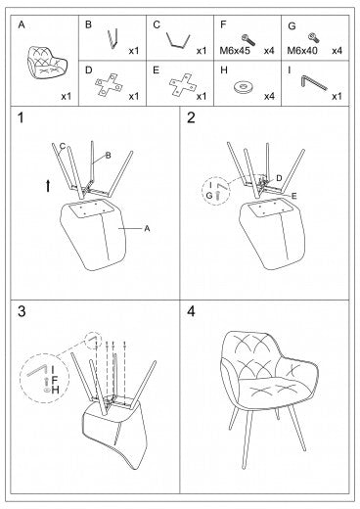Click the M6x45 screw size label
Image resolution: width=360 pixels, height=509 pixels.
coord(235,51)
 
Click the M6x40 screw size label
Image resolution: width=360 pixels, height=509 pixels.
coord(302,51)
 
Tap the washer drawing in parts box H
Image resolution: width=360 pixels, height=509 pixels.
coord(244,87)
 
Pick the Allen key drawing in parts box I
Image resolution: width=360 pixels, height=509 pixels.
coord(314,83)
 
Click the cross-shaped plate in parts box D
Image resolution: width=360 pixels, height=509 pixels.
coord(109,84)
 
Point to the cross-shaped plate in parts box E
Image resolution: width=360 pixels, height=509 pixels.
coord(183,85)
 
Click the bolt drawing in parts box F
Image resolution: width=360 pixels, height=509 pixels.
coord(248,40)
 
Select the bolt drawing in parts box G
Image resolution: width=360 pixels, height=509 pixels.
coord(314,38)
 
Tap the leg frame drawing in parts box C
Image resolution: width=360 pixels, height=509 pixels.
coord(178,40)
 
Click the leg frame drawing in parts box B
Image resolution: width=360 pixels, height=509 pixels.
coord(112,39)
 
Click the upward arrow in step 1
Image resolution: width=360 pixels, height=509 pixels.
coord(48,186)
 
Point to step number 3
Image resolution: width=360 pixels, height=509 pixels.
coord(22,311)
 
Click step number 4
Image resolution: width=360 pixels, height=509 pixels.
coord(191,311)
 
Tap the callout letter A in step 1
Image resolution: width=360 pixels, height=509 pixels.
coord(147,229)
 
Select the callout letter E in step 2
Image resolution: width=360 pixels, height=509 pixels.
coord(294,196)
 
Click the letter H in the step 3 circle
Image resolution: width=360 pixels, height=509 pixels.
coord(55,390)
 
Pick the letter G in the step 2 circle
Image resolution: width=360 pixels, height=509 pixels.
coord(209,196)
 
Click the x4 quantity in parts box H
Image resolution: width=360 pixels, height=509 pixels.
coord(269,96)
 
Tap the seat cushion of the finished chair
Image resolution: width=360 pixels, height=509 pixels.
coord(273,391)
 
